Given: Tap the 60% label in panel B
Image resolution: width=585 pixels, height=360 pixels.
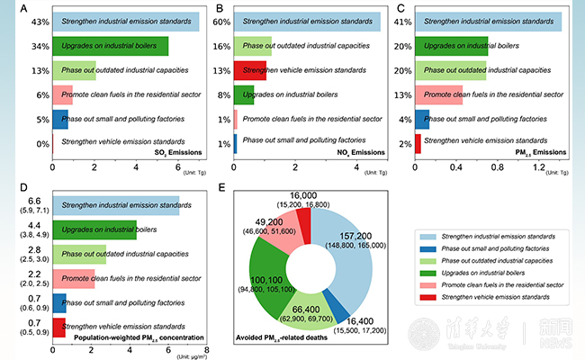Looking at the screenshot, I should (x=221, y=22).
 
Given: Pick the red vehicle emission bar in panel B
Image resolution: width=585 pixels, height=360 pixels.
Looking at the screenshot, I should (x=251, y=70).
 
